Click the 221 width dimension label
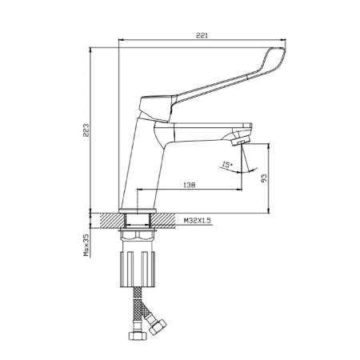(x=202, y=35)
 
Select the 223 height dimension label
(x=86, y=130)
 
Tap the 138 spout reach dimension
(x=190, y=185)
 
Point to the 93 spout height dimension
(x=264, y=178)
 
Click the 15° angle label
(x=227, y=165)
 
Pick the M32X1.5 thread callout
(x=198, y=221)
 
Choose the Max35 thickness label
(x=86, y=245)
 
